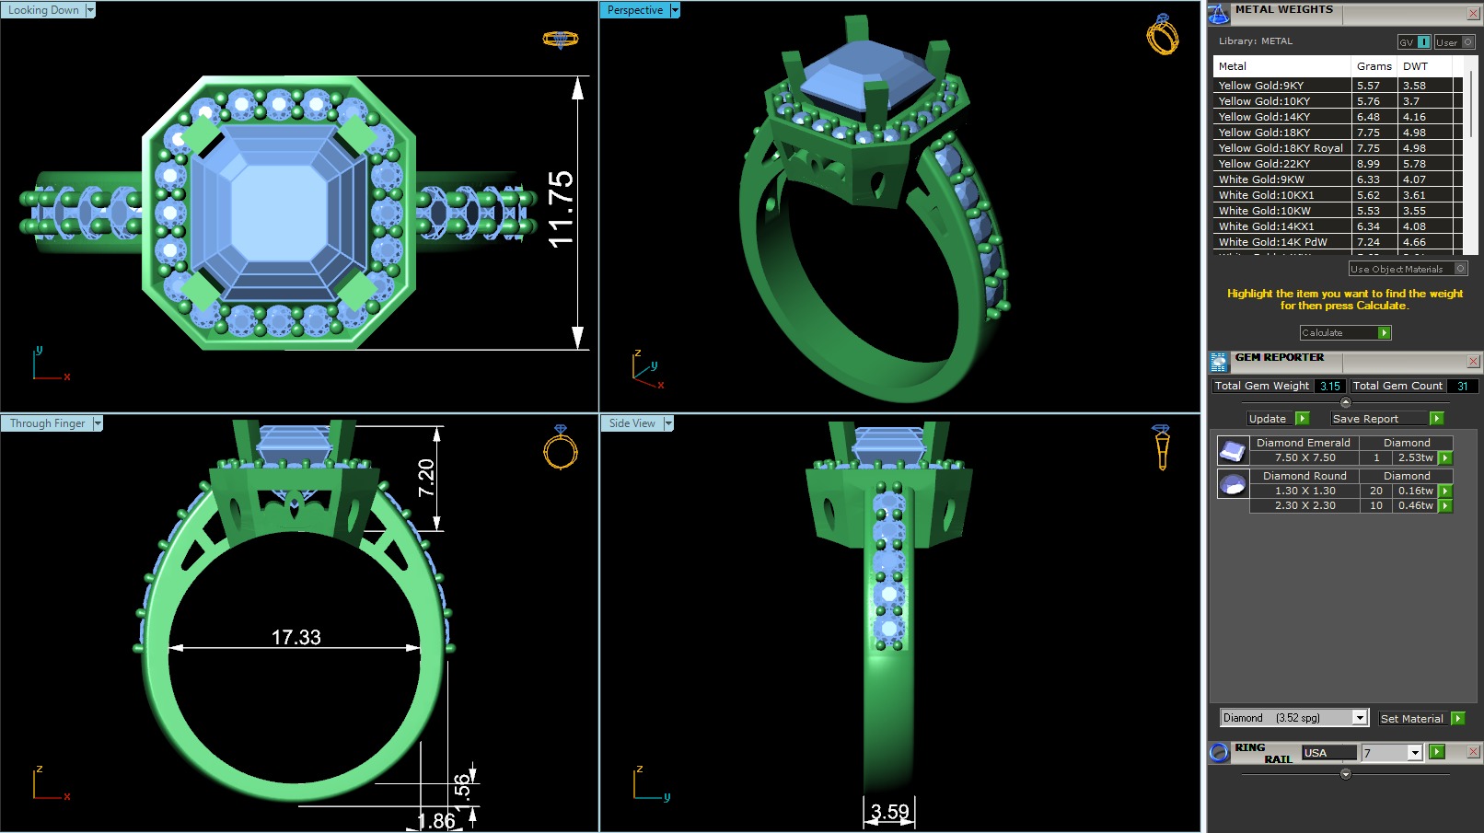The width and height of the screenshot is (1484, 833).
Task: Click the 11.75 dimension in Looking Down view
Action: coord(560,210)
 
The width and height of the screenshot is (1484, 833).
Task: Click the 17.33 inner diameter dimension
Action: coord(296,637)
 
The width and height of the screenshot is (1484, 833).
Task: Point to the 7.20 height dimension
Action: coord(425,478)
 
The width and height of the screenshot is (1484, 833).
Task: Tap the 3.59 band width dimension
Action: coord(889,812)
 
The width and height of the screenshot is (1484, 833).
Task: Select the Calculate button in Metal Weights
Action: coord(1344,332)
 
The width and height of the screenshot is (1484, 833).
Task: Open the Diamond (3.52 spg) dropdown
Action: coord(1359,718)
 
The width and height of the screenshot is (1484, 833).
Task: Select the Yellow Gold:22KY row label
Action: coord(1264,164)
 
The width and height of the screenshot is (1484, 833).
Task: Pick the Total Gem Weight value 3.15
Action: coord(1329,387)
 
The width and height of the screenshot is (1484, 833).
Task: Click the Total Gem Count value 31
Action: coord(1462,387)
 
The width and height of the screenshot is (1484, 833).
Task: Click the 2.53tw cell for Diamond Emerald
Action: coord(1415,457)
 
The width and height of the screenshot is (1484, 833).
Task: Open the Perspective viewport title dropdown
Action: coord(675,10)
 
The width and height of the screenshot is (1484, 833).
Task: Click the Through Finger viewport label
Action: coord(47,423)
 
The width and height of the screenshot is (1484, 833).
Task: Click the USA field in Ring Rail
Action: coord(1328,753)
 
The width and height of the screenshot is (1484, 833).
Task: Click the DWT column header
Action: coord(1415,66)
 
